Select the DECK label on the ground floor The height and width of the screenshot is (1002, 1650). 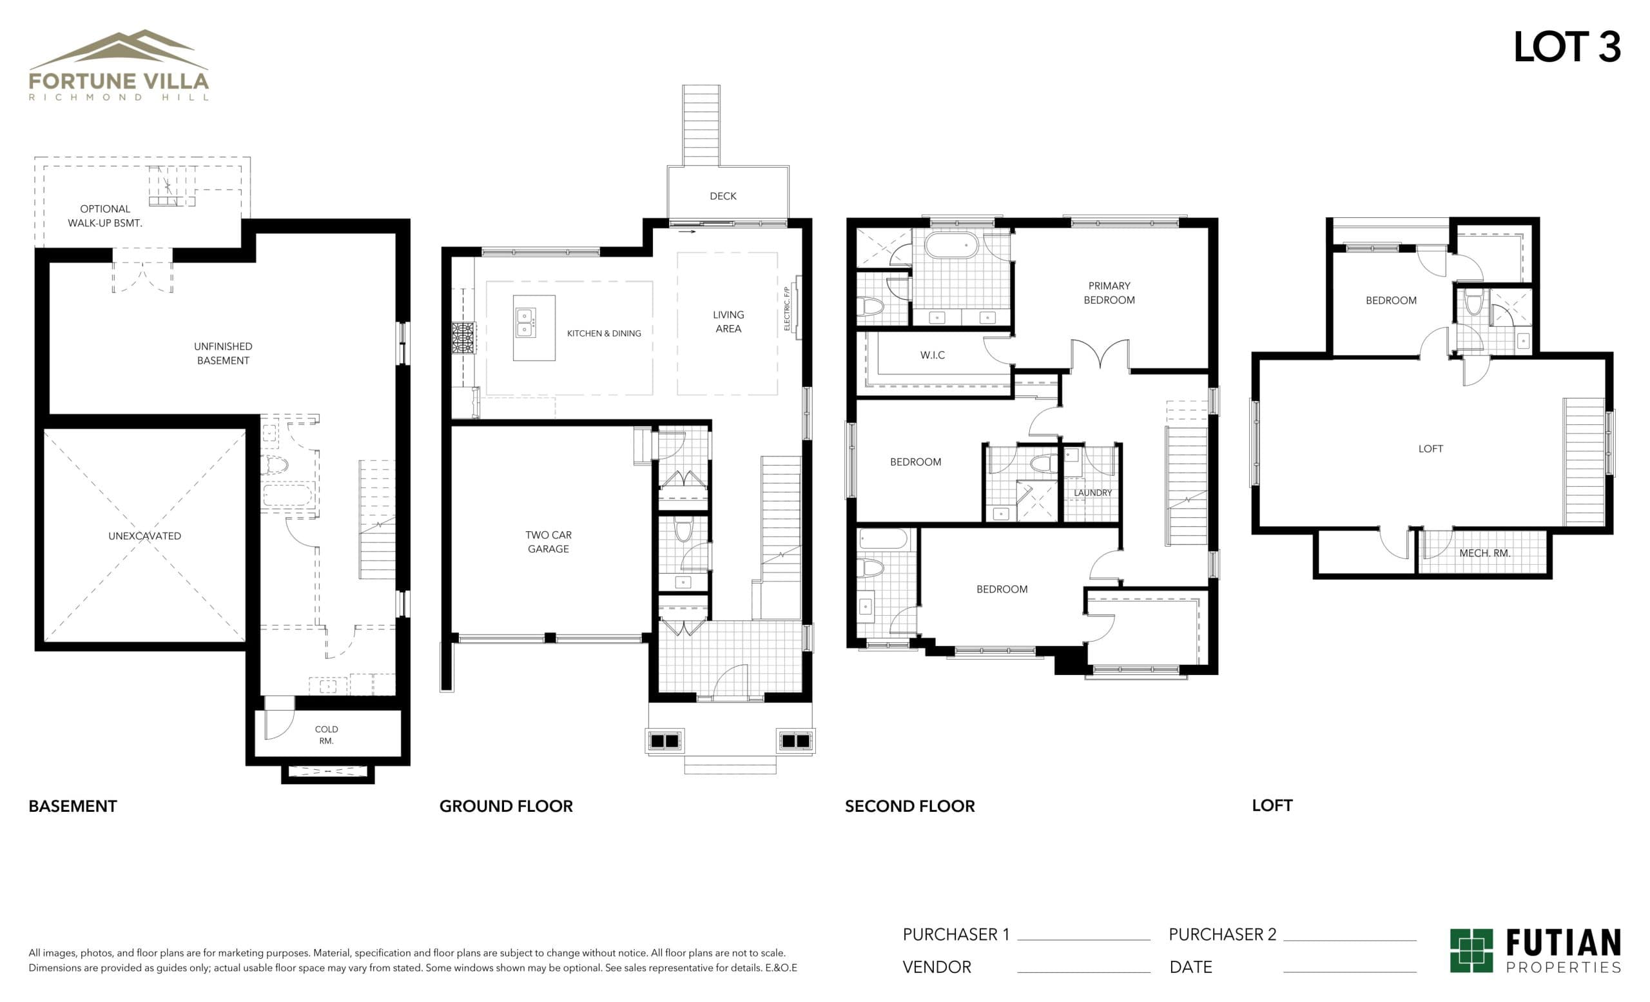click(x=723, y=196)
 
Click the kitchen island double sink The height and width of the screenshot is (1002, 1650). click(x=525, y=322)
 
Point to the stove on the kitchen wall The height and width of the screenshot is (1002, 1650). click(x=463, y=338)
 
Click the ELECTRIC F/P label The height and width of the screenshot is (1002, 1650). click(x=788, y=309)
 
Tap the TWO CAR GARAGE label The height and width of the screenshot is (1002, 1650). click(x=548, y=542)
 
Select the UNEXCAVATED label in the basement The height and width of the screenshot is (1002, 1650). click(x=144, y=536)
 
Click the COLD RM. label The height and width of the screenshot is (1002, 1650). click(x=326, y=735)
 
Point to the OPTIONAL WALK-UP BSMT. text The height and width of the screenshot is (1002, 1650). click(x=105, y=215)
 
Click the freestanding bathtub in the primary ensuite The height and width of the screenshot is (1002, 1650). click(x=951, y=245)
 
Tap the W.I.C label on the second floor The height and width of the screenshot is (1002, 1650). click(x=932, y=355)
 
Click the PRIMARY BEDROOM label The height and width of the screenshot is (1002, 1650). click(x=1109, y=293)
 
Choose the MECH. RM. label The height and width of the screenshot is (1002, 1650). click(x=1484, y=553)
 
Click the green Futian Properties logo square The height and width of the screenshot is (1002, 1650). click(x=1471, y=950)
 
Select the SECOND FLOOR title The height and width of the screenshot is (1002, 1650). click(x=909, y=806)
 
